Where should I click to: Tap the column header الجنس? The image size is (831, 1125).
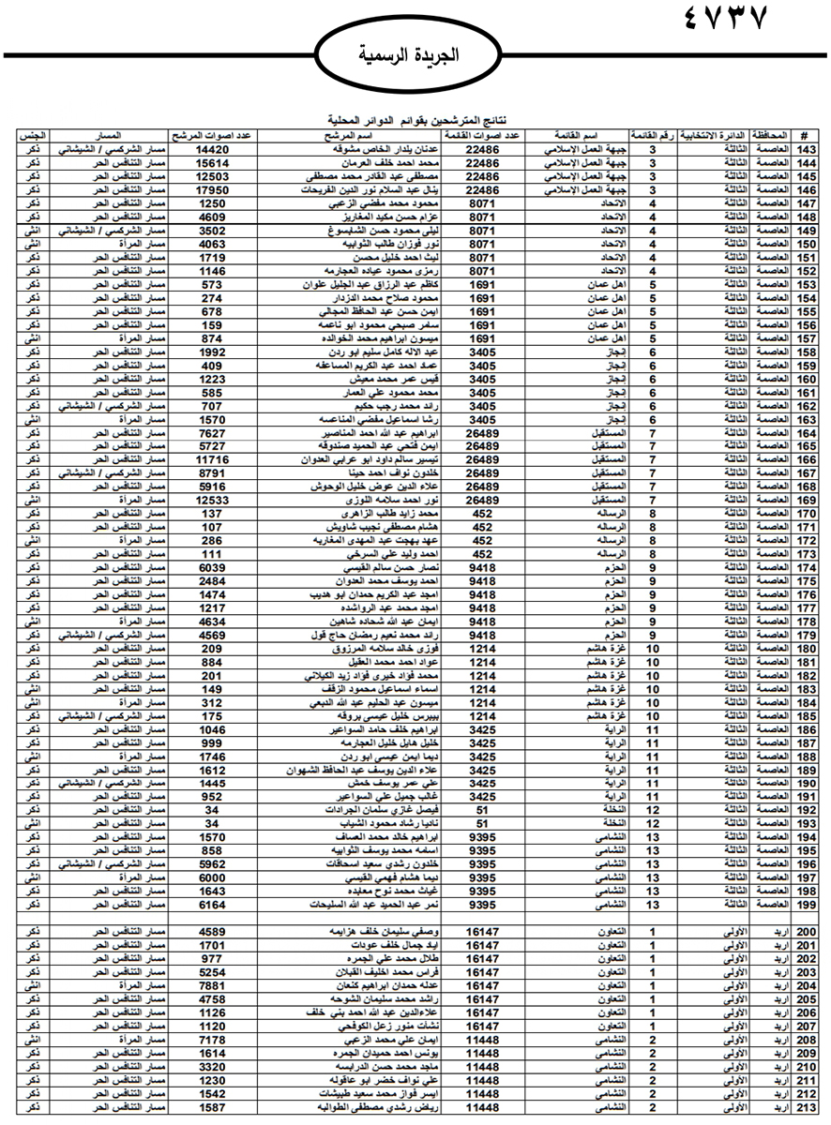point(28,136)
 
